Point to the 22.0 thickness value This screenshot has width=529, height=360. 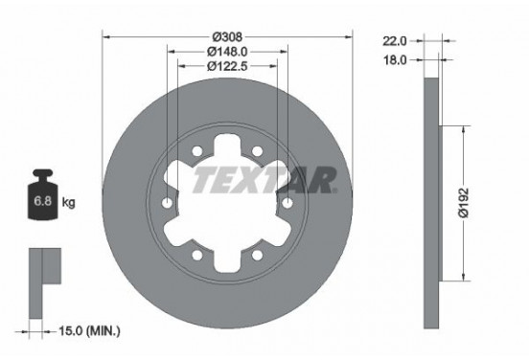(x=395, y=41)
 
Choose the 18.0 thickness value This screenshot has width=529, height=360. (x=395, y=58)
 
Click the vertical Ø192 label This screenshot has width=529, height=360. (x=462, y=202)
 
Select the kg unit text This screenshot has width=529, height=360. (x=68, y=204)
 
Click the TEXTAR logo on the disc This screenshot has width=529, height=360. (x=264, y=179)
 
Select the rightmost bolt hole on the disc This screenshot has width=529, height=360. (x=286, y=202)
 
